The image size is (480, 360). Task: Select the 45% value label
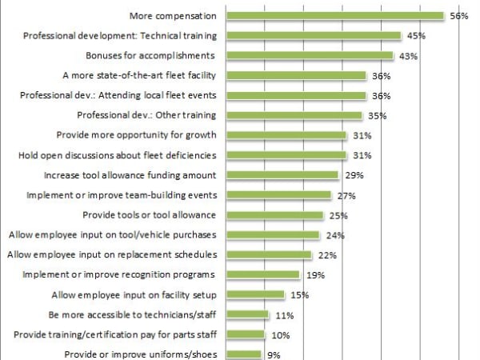click(416, 36)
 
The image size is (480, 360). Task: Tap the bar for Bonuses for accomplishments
click(310, 55)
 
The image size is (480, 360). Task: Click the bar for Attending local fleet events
click(296, 95)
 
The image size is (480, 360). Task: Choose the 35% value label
click(378, 116)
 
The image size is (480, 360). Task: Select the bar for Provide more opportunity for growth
click(286, 135)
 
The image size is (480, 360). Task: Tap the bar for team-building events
click(278, 195)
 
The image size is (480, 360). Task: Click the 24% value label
click(335, 235)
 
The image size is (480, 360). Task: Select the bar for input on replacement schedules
click(269, 255)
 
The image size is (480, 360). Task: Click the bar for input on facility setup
click(257, 295)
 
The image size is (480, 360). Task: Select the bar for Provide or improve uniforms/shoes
click(243, 354)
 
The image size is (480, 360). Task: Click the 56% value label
click(458, 16)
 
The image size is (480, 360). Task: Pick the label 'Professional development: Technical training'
click(121, 35)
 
